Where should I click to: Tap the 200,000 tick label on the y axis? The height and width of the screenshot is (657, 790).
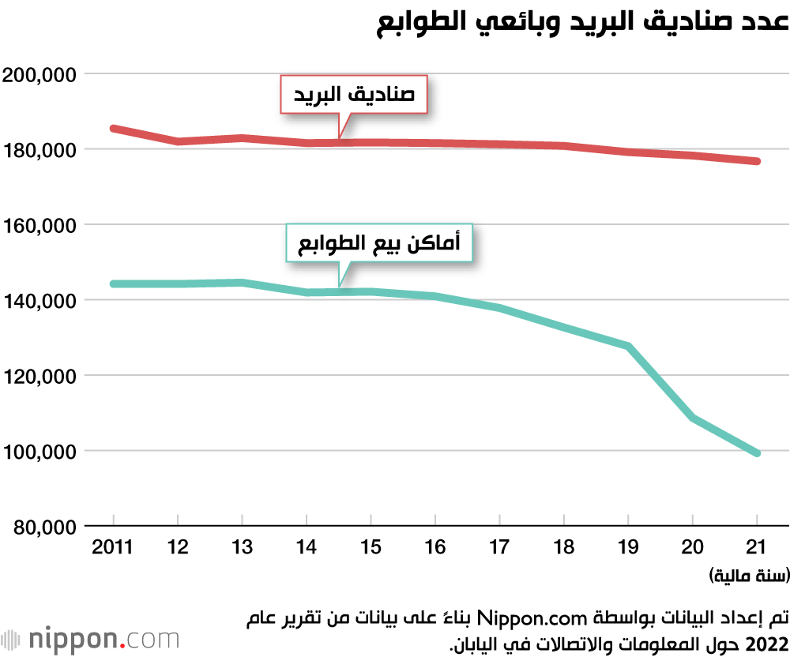(x=39, y=75)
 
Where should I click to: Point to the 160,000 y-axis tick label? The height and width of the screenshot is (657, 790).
(x=39, y=226)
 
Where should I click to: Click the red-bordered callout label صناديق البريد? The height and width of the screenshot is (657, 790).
(x=354, y=96)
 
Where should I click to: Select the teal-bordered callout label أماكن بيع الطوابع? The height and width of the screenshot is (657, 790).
(x=378, y=244)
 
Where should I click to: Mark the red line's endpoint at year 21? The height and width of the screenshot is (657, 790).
(x=757, y=161)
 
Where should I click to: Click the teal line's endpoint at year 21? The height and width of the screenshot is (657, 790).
(x=757, y=452)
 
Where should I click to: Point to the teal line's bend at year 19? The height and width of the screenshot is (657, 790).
(x=628, y=346)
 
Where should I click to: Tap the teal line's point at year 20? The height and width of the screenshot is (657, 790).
(x=693, y=418)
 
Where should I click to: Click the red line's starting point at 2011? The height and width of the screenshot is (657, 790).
(x=114, y=128)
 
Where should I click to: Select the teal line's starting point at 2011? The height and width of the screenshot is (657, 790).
(x=114, y=283)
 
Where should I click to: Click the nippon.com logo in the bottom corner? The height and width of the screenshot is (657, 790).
(x=90, y=638)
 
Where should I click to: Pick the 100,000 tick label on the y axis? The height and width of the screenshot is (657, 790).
(x=39, y=452)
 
